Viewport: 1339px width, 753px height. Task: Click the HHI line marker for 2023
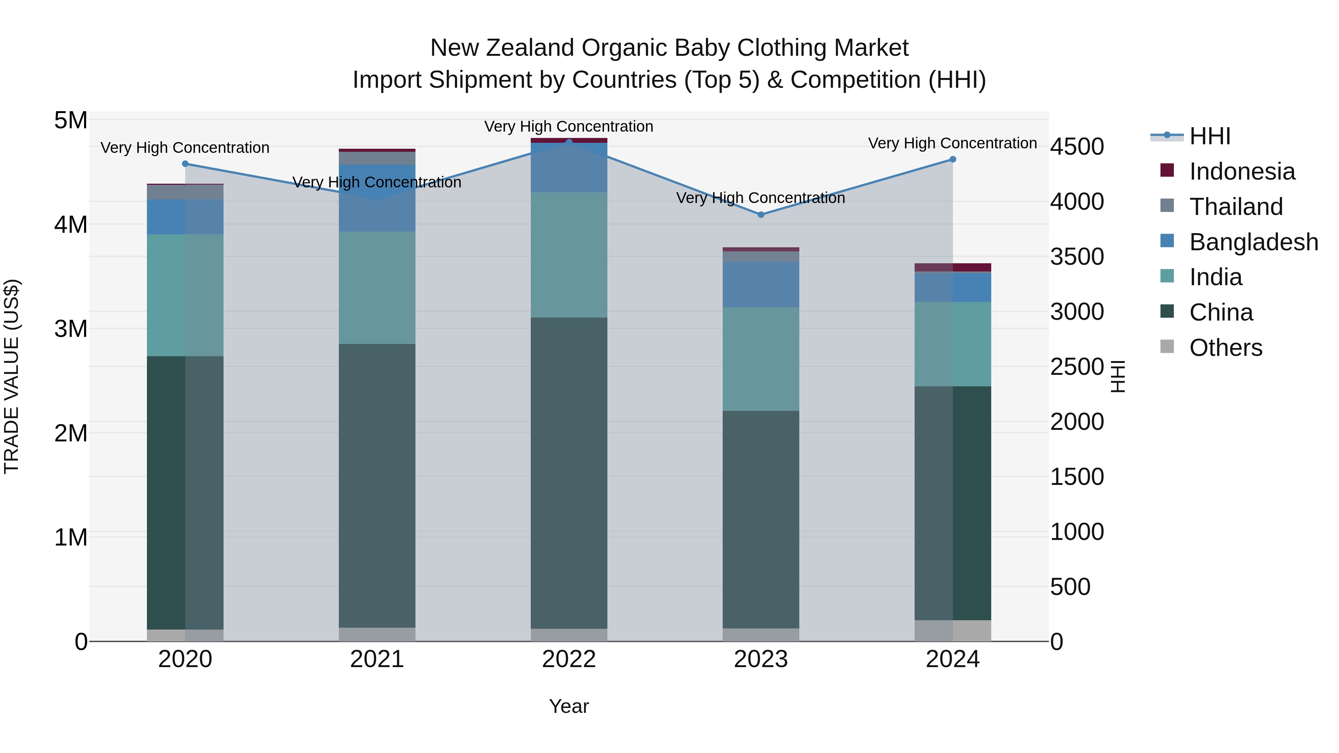[x=761, y=215]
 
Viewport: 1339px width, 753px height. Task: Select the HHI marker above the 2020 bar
[x=185, y=164]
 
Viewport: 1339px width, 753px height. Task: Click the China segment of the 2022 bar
[x=569, y=473]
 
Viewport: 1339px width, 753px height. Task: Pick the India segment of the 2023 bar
[x=761, y=358]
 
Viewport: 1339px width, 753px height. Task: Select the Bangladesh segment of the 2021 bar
[x=377, y=198]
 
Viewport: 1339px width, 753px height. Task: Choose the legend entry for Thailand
[x=1236, y=207]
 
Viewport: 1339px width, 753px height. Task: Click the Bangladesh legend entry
[x=1253, y=242]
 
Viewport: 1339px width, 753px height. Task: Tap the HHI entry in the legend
[x=1210, y=136]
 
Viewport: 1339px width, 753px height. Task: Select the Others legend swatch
[x=1167, y=347]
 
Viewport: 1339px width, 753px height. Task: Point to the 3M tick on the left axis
[x=71, y=329]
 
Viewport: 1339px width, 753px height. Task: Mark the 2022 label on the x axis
[x=569, y=659]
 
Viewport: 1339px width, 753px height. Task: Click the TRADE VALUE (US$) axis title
[x=12, y=376]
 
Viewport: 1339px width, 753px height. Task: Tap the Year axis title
[x=569, y=706]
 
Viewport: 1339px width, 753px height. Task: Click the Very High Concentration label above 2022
[x=569, y=126]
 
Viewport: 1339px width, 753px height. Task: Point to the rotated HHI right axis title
[x=1118, y=376]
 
